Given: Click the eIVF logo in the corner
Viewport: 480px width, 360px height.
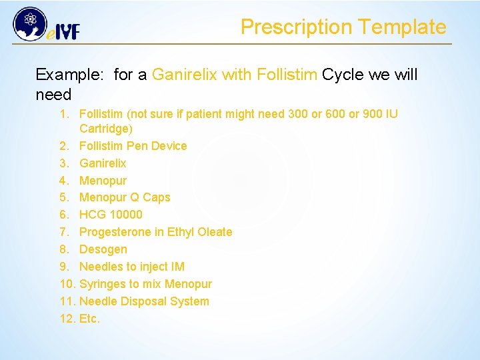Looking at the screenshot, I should pos(45,25).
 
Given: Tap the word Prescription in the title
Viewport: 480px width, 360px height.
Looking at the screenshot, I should pos(296,27).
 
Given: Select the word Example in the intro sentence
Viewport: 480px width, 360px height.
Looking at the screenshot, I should pos(69,75).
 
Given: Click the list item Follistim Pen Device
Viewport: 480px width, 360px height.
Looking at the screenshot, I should pos(133,146).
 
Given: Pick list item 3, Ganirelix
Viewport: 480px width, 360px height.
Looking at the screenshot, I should pos(103,163).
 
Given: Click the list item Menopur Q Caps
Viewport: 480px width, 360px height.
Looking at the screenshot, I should pos(125,197).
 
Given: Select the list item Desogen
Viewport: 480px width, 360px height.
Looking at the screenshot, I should pos(103,249).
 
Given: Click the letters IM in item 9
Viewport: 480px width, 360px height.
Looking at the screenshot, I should pos(177,267).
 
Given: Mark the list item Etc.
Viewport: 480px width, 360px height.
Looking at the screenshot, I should pos(89,319).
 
